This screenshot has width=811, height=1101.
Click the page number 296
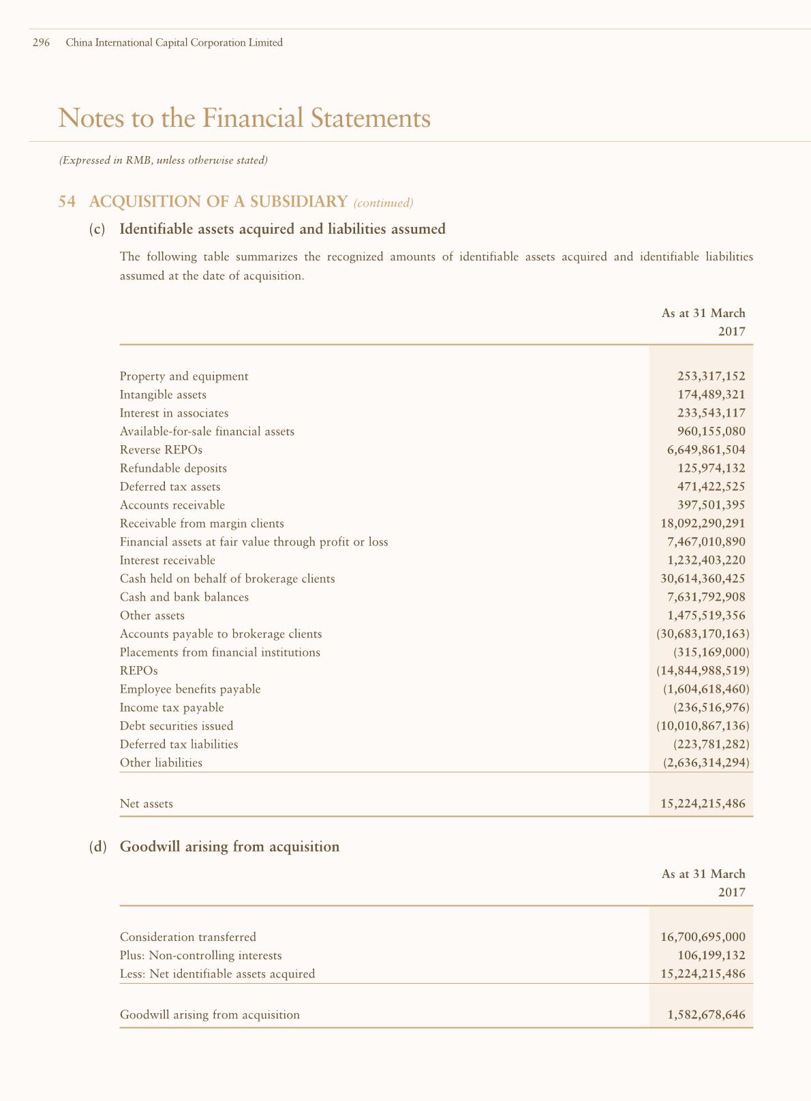[42, 43]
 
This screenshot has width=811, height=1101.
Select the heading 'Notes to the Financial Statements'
[245, 118]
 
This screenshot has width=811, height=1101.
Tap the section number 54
[66, 202]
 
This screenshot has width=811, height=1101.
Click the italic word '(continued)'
[384, 202]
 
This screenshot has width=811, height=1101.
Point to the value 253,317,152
[711, 376]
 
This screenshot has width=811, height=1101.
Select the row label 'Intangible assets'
[163, 395]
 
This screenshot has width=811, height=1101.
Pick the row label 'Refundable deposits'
[173, 468]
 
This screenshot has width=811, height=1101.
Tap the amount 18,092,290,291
[703, 524]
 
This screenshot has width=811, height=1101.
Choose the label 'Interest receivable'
[167, 560]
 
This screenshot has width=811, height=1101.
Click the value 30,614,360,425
[703, 579]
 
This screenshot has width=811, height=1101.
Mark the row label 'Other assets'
[152, 616]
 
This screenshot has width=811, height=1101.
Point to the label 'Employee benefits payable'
[190, 689]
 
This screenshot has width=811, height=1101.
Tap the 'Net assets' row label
[147, 804]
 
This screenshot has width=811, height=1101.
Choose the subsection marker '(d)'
[98, 847]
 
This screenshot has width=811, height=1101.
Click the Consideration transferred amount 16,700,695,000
[703, 937]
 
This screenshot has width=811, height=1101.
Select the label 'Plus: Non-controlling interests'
[200, 956]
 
